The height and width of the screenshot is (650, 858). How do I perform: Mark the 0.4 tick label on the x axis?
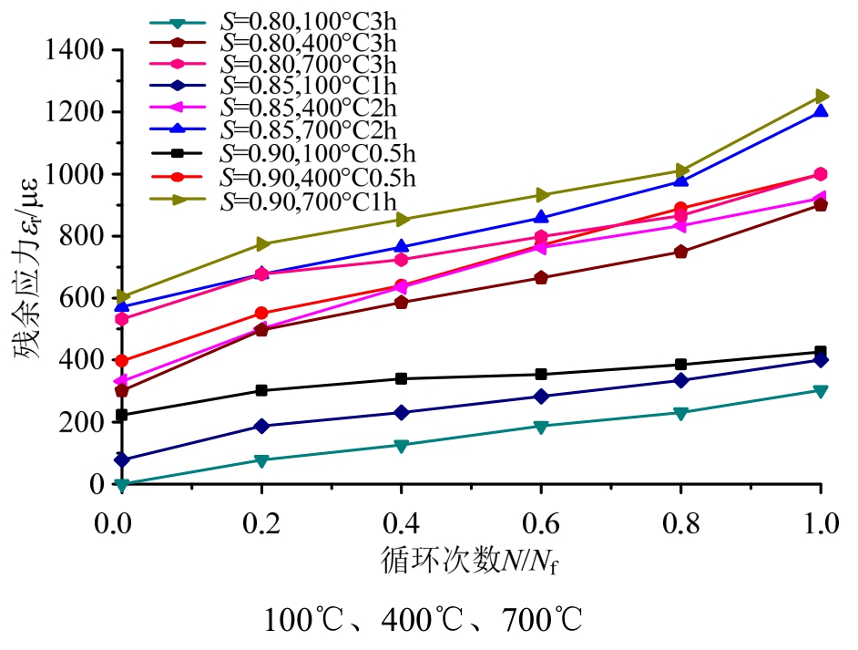click(401, 526)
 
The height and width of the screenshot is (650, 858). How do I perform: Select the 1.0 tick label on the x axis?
click(821, 526)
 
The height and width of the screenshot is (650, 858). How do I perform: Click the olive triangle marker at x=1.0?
click(821, 96)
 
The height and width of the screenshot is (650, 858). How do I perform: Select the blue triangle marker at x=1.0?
click(821, 111)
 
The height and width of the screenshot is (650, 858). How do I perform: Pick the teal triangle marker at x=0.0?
click(122, 485)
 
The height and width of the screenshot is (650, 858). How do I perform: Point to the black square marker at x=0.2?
click(261, 390)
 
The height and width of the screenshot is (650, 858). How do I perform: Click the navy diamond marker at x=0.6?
click(541, 397)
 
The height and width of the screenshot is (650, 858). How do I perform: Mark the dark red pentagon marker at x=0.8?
click(681, 252)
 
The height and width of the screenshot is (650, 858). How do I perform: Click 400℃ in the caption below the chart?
click(423, 622)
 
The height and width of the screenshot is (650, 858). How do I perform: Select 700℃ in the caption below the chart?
click(541, 622)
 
